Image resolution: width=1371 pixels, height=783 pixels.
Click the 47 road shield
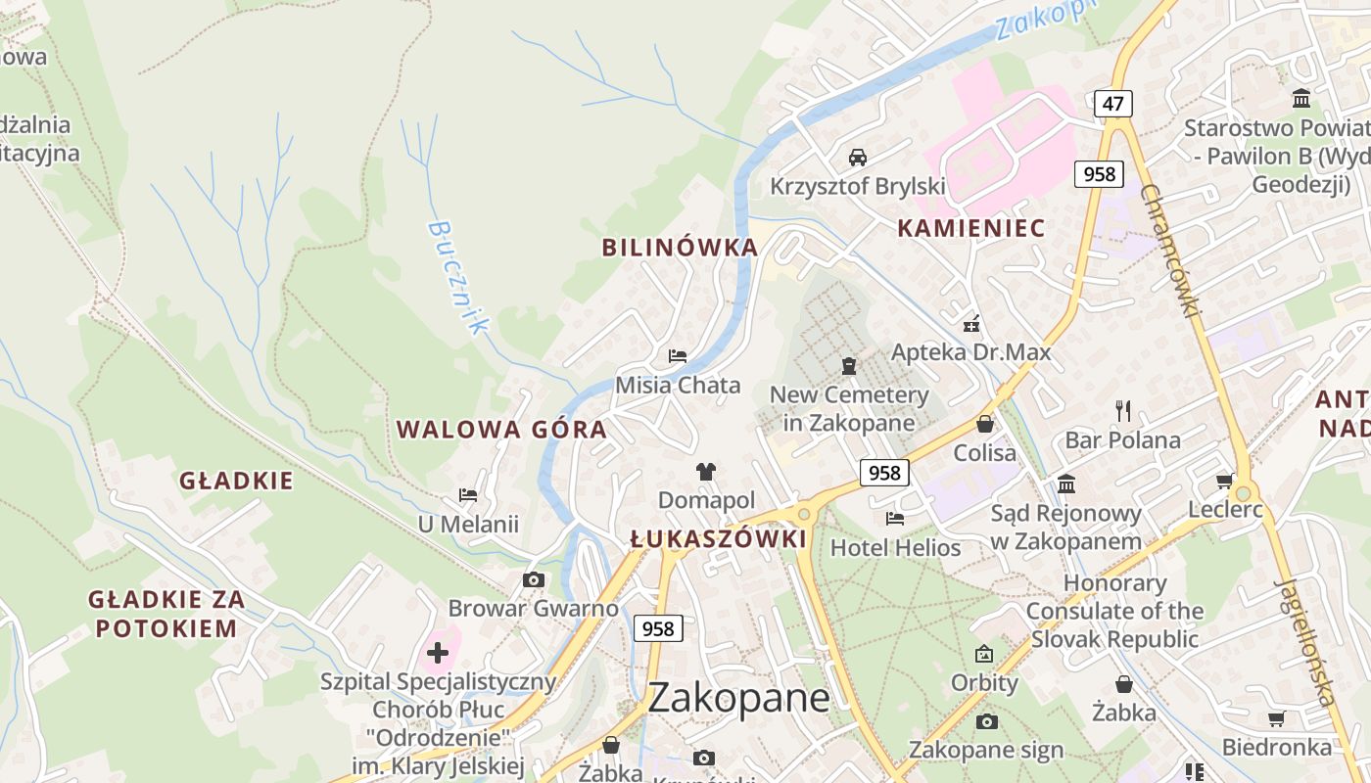click(x=1113, y=104)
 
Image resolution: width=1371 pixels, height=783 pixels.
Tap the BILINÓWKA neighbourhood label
click(x=680, y=248)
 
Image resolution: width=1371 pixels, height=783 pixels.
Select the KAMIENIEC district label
click(x=970, y=229)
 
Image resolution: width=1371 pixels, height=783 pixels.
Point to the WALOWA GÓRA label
click(x=501, y=430)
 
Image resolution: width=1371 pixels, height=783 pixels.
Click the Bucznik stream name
click(x=456, y=277)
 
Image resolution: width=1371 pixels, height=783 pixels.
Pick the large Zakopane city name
click(x=738, y=698)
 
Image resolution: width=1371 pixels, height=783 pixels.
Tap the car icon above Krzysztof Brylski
click(x=857, y=157)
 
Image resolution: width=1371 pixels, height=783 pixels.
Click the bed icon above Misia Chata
click(x=677, y=355)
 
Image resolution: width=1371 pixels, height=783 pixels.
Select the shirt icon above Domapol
click(x=706, y=472)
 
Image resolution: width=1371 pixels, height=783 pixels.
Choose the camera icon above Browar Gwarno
click(x=533, y=579)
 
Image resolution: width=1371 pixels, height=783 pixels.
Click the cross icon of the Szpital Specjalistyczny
click(x=438, y=652)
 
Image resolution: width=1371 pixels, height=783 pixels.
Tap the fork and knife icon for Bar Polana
click(x=1123, y=410)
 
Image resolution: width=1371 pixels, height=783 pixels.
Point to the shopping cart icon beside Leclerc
click(x=1224, y=481)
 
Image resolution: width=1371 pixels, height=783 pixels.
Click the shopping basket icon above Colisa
click(x=984, y=424)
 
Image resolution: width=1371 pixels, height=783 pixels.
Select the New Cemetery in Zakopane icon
click(x=849, y=366)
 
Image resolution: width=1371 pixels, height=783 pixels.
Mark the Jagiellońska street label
click(x=1306, y=641)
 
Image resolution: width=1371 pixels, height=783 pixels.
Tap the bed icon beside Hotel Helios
click(x=895, y=518)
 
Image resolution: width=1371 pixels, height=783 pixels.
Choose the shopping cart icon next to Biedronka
click(x=1276, y=719)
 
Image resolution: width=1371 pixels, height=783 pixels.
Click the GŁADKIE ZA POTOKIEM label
click(x=165, y=614)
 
